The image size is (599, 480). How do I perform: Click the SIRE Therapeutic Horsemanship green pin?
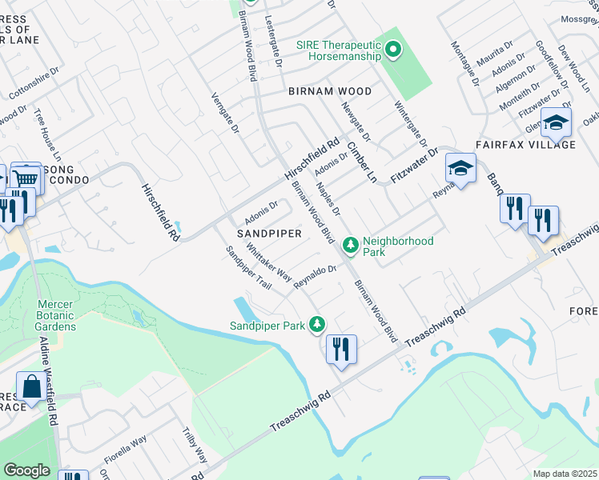click(x=392, y=51)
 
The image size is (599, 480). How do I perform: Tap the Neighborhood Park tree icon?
click(x=350, y=245)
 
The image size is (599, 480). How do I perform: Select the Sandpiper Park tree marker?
click(x=319, y=323)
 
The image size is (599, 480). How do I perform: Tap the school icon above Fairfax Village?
click(x=555, y=123)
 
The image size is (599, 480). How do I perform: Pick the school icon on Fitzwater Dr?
click(x=460, y=168)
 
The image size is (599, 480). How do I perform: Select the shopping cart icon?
click(x=26, y=178)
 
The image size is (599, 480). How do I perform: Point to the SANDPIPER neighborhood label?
click(x=269, y=234)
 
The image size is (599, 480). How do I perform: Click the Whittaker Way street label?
click(x=269, y=262)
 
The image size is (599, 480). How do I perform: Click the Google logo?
click(x=26, y=470)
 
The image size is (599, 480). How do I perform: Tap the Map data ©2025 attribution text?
click(x=565, y=474)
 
